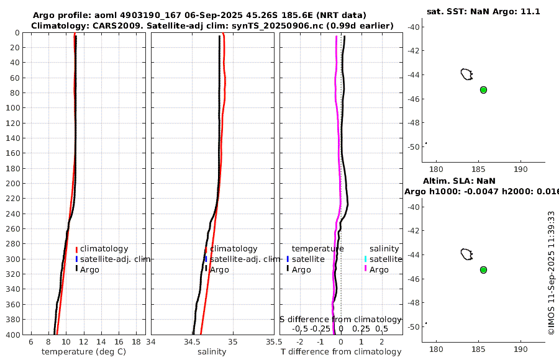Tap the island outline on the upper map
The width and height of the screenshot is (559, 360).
click(466, 74)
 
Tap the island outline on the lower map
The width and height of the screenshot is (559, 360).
click(466, 254)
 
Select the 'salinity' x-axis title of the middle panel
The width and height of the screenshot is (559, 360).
click(211, 352)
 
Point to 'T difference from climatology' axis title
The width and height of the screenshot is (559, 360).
click(340, 352)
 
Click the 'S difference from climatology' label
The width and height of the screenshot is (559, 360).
click(340, 319)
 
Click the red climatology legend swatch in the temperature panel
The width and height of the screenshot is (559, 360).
click(76, 250)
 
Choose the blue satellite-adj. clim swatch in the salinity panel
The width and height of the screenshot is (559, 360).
click(206, 259)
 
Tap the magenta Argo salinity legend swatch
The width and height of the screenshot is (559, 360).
click(365, 269)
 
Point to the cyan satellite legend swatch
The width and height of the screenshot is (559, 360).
click(365, 259)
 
